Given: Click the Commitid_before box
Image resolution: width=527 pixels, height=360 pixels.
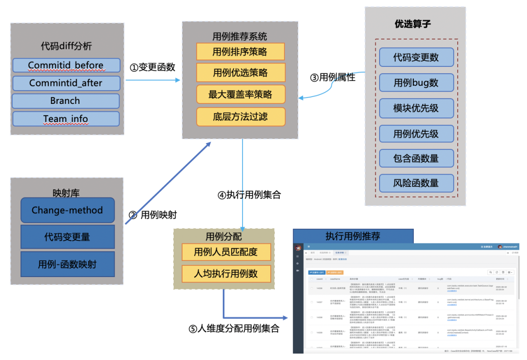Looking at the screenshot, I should coord(66,65).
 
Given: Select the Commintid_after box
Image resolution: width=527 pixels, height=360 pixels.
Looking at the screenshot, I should coord(66,83).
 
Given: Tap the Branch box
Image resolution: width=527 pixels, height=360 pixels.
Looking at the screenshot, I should coord(65,101).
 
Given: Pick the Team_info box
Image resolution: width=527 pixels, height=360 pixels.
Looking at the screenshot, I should coord(66,119).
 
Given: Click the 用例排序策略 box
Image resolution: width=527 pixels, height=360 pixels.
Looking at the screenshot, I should coord(240,51).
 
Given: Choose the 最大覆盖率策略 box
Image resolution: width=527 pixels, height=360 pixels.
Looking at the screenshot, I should coord(240,95).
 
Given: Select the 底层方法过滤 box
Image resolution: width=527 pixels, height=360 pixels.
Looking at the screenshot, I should coord(240,117).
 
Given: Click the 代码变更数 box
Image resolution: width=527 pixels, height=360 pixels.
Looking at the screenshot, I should coord(416,57).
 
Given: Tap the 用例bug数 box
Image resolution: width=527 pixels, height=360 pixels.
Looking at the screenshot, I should coord(416,82).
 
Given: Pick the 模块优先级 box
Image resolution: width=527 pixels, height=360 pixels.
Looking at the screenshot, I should coord(416,108).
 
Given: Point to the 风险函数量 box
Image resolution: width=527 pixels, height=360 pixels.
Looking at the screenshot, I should coord(416,183).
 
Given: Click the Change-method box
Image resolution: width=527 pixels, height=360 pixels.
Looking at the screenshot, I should coord(67,210).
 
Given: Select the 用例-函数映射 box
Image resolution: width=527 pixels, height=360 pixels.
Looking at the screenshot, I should coord(67,264).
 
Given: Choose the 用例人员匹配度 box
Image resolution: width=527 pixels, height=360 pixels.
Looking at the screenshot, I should coord(225,252).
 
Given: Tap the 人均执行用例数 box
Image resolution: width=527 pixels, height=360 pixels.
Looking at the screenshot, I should coord(225,273).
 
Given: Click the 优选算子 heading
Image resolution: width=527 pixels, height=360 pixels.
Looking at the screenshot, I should coord(412,23).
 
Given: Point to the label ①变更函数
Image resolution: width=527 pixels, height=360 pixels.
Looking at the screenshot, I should coord(152,67).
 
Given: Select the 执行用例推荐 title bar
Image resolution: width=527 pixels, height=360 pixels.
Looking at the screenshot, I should coord(353,236).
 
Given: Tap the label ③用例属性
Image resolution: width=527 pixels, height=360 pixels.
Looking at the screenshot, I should coord(333,77).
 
